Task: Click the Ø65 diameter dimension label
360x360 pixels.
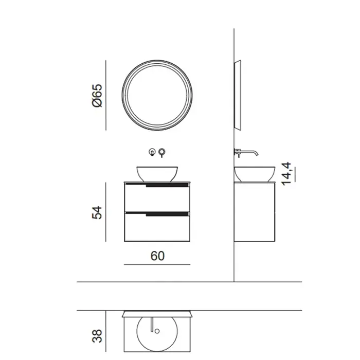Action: (x=97, y=95)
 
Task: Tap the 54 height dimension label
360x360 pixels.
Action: (x=97, y=212)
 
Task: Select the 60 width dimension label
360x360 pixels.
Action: (x=157, y=256)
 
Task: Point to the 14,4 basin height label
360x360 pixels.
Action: (x=286, y=174)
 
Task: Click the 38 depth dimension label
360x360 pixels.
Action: (x=97, y=336)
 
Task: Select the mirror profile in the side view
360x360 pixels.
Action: (x=238, y=95)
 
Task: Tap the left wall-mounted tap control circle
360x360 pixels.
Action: (x=152, y=152)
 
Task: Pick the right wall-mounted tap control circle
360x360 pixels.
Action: (x=162, y=152)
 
